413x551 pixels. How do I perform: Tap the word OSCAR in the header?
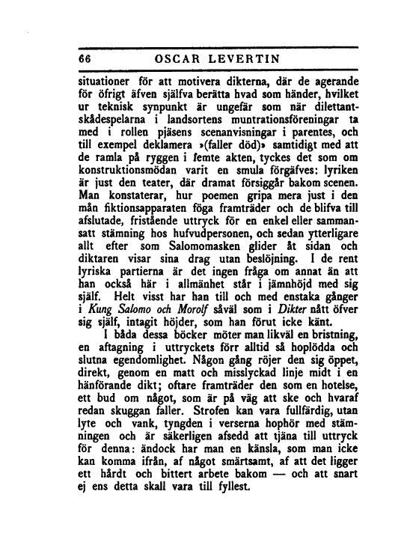pos(177,59)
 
